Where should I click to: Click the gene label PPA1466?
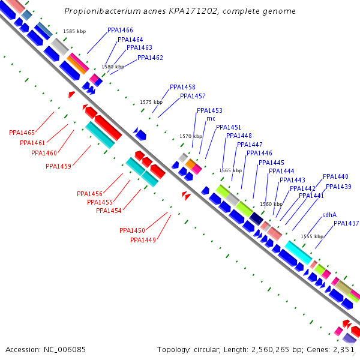(120, 30)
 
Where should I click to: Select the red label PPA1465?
(22, 132)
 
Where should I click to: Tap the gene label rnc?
(211, 118)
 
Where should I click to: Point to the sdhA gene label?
(329, 215)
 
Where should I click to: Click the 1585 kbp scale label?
(74, 31)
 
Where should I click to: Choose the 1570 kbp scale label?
(191, 137)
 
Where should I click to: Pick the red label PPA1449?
(143, 240)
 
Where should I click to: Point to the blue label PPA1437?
(346, 223)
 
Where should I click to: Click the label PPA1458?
(182, 87)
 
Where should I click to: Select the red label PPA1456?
(89, 194)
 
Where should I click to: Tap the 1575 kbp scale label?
(151, 103)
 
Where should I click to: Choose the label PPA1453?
(209, 110)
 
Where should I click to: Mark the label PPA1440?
(335, 176)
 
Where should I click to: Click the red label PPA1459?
(58, 166)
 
